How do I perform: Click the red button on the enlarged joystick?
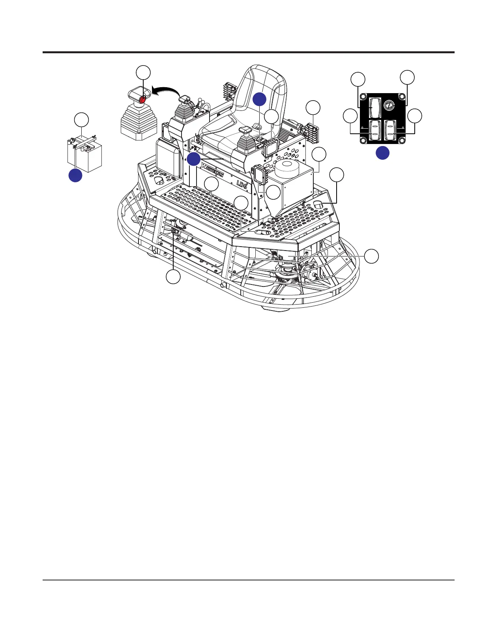click(x=143, y=99)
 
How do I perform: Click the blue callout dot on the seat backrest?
click(x=259, y=99)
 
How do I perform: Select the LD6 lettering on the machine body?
click(x=242, y=183)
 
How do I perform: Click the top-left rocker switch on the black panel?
click(x=374, y=107)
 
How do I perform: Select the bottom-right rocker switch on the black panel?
click(x=390, y=130)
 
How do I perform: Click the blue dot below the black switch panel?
click(x=382, y=153)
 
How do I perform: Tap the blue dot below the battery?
click(x=75, y=175)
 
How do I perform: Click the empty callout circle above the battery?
click(x=82, y=120)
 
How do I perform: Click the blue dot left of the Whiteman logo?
click(x=193, y=159)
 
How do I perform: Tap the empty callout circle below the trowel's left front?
click(x=173, y=277)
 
